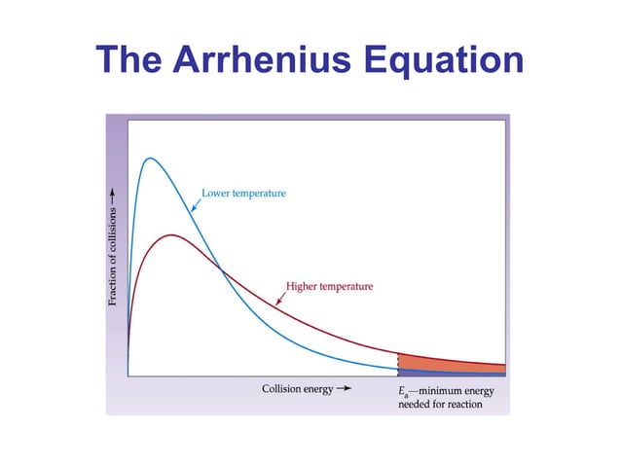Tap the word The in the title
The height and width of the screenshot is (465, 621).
(x=132, y=63)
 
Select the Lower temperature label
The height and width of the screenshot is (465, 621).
(x=244, y=194)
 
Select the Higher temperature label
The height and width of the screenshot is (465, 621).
(x=329, y=287)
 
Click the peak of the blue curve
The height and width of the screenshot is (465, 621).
(x=150, y=159)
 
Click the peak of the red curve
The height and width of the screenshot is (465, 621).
(x=172, y=234)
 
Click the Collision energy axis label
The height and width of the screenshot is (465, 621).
(x=297, y=390)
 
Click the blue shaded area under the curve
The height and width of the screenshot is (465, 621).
(x=448, y=373)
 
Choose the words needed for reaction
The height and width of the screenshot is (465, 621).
(x=440, y=405)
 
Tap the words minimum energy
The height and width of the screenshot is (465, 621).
(x=457, y=391)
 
